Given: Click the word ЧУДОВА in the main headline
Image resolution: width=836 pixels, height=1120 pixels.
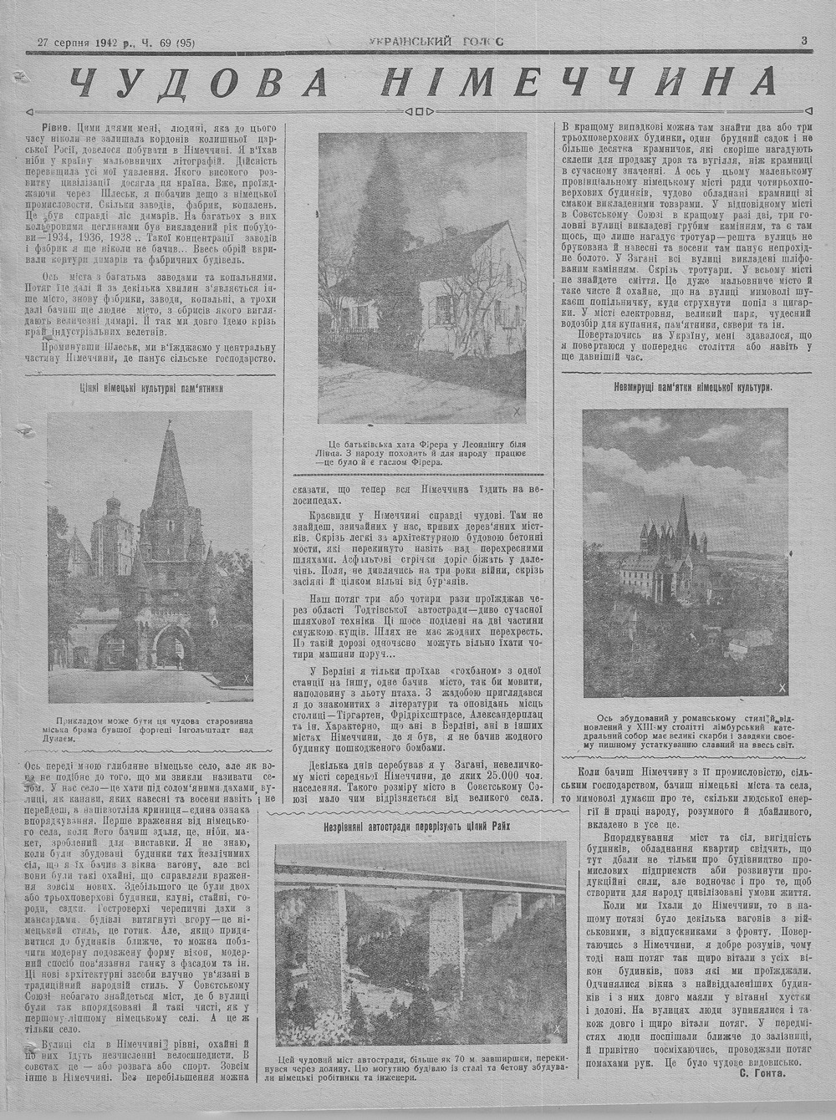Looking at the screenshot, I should coord(197,82).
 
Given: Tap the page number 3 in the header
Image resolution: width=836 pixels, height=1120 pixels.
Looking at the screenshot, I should coord(803,39).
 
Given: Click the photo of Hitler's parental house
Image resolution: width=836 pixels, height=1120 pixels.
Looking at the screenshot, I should coord(422,277).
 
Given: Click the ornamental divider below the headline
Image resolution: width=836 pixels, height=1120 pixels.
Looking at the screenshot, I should coord(418,110).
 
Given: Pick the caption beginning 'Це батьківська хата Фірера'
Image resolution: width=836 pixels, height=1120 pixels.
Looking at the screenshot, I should coord(422,452).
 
